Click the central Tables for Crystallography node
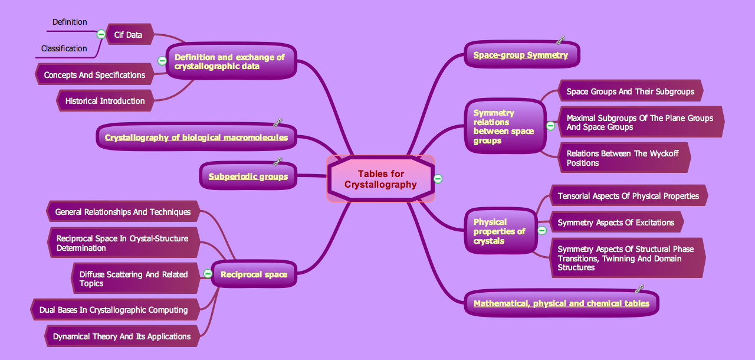(x=380, y=179)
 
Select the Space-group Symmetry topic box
(x=521, y=55)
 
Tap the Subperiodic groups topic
(x=248, y=176)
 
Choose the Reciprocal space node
(x=254, y=274)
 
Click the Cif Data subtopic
(x=128, y=35)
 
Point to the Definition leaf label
(x=70, y=22)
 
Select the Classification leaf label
(x=64, y=48)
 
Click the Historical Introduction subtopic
(x=105, y=101)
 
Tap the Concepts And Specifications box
(x=94, y=75)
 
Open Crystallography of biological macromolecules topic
(x=196, y=138)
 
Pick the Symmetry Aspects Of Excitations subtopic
(x=616, y=222)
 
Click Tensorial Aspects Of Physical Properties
(x=628, y=196)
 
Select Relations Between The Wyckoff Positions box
(x=622, y=158)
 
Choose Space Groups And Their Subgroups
(x=630, y=91)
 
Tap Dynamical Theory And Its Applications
(x=122, y=336)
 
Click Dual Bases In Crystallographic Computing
(x=113, y=310)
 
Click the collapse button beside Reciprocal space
(x=208, y=273)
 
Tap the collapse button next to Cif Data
(x=101, y=34)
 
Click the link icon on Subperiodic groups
(x=278, y=161)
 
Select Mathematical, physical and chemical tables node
(x=561, y=303)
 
